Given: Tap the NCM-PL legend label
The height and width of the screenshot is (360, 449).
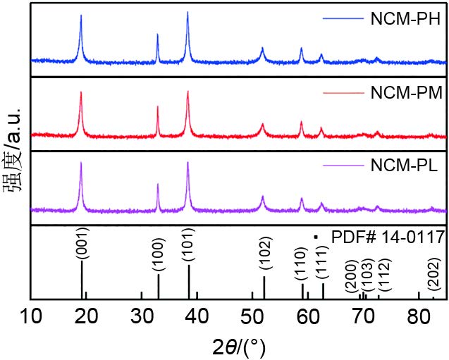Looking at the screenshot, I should [404, 166].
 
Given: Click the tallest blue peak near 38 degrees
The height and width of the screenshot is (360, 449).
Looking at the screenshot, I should [187, 13].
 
